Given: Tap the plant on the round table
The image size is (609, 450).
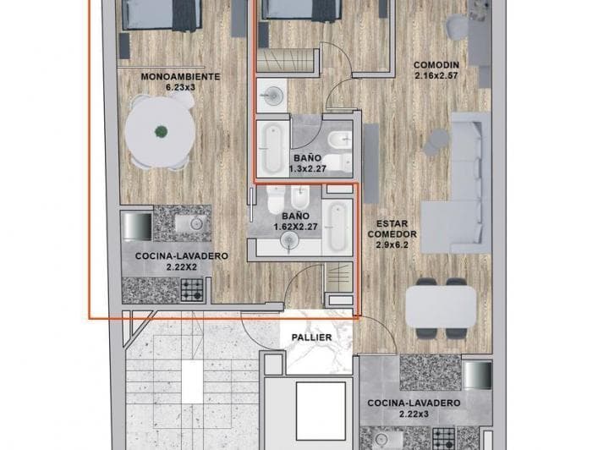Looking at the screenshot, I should click(160, 131).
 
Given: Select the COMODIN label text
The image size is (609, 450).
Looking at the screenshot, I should click(436, 65).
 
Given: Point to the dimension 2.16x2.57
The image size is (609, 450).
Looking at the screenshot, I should click(436, 76).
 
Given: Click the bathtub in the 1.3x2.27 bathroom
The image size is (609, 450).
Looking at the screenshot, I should click(273, 147).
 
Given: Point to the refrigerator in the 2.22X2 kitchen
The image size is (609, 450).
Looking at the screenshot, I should click(137, 227).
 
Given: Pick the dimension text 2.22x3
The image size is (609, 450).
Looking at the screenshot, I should click(414, 415).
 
